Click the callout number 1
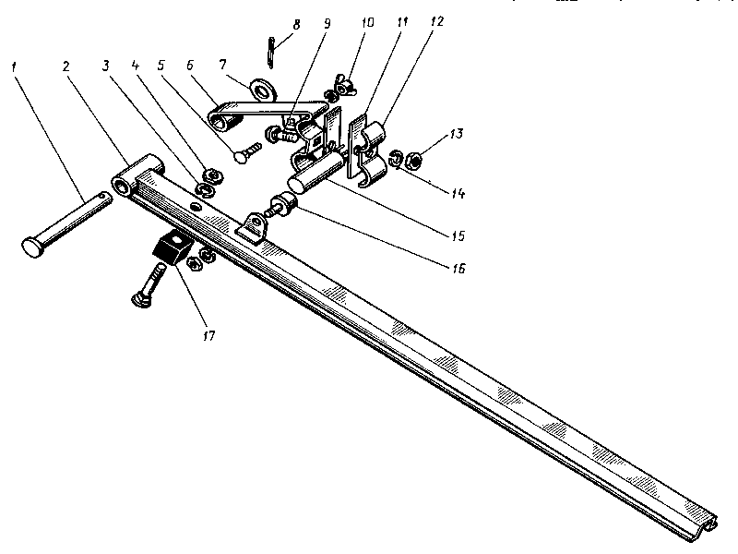click(x=16, y=66)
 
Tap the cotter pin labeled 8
click(x=268, y=52)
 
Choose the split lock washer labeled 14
click(x=394, y=158)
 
